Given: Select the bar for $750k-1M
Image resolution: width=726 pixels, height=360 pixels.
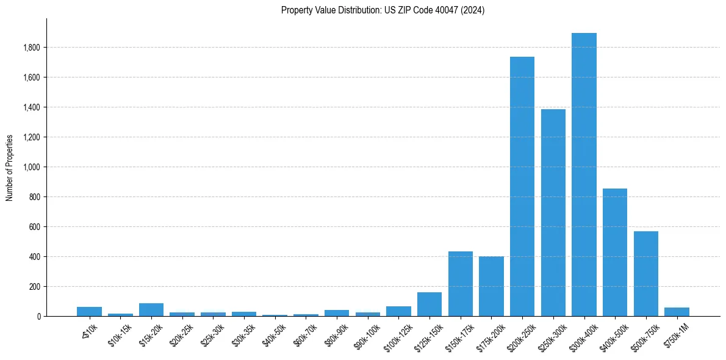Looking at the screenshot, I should pyautogui.click(x=677, y=312).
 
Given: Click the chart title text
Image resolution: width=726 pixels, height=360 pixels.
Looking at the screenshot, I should pyautogui.click(x=383, y=10).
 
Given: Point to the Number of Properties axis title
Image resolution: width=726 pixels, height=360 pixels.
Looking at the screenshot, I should pyautogui.click(x=10, y=167).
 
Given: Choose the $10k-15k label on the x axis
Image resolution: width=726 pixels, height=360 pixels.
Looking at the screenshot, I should pyautogui.click(x=120, y=334).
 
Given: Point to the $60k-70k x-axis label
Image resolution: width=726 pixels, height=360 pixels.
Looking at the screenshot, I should pyautogui.click(x=305, y=334).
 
